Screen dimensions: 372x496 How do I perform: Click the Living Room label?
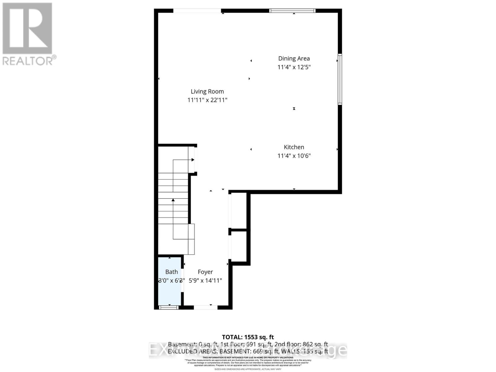tap(207, 91)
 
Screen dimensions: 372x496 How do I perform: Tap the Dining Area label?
tap(294, 58)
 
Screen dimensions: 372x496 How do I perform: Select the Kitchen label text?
tap(294, 147)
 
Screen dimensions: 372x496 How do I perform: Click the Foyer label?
tap(205, 272)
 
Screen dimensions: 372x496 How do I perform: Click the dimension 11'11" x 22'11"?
tap(207, 100)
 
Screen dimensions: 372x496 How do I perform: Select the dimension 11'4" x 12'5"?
tap(294, 67)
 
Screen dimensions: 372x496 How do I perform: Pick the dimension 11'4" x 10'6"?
tap(294, 156)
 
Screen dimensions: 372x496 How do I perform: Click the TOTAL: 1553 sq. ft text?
tap(248, 337)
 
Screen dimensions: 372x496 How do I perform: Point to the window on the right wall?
tap(340, 79)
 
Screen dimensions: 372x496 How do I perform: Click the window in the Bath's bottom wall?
tap(169, 307)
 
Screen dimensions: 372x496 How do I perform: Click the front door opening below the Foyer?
tap(206, 307)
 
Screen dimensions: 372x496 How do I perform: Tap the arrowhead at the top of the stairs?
tap(193, 160)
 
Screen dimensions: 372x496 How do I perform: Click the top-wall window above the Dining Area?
tap(292, 11)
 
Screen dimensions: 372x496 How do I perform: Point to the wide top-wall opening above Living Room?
tap(197, 11)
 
